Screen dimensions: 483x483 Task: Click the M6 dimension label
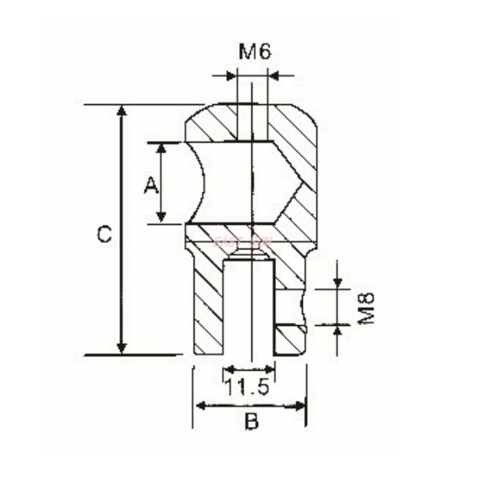[254, 52]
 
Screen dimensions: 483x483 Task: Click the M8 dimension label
[366, 309]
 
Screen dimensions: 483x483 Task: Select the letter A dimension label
[151, 184]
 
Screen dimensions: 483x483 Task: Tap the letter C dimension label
[104, 234]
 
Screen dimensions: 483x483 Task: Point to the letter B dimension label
[251, 422]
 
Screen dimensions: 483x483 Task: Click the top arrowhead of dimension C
[122, 110]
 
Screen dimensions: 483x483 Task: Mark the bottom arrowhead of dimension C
[122, 348]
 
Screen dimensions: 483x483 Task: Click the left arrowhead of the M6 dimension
[231, 76]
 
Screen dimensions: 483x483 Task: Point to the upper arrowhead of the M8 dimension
[337, 283]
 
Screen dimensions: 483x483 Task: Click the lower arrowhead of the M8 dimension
[337, 330]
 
